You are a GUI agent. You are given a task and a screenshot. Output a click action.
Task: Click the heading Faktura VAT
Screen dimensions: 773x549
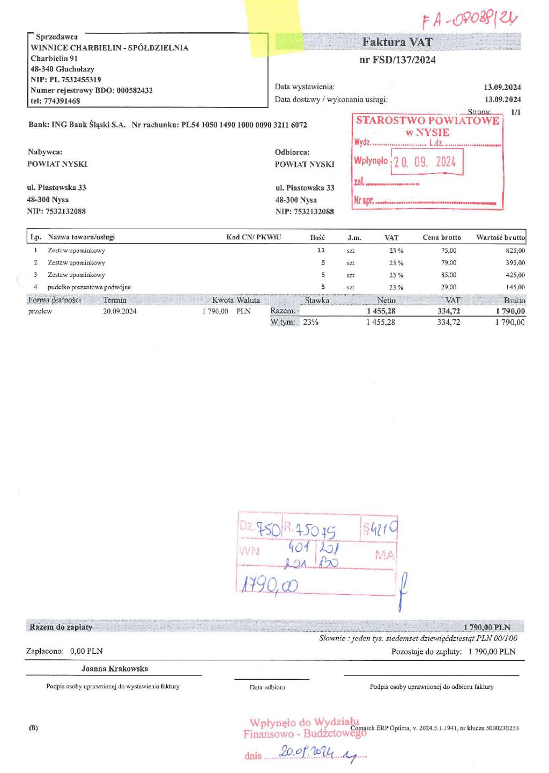pyautogui.click(x=397, y=42)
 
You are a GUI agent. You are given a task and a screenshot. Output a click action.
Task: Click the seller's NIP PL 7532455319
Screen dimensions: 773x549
pyautogui.click(x=66, y=79)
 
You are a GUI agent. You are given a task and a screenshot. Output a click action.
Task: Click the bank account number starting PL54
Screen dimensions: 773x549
pyautogui.click(x=244, y=125)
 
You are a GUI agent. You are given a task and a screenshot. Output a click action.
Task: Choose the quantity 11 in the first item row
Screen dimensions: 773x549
pyautogui.click(x=321, y=250)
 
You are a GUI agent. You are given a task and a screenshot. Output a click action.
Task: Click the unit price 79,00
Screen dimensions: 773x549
pyautogui.click(x=448, y=262)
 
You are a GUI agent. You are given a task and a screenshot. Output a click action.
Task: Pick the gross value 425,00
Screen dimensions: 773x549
pyautogui.click(x=515, y=275)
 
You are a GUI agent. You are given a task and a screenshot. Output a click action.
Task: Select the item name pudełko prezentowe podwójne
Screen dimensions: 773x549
pyautogui.click(x=89, y=287)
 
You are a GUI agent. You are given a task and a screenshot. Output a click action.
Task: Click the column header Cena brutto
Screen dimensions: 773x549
pyautogui.click(x=441, y=237)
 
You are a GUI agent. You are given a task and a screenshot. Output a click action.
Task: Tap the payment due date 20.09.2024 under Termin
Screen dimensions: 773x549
pyautogui.click(x=120, y=311)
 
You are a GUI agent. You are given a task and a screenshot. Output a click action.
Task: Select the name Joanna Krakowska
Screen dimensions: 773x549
pyautogui.click(x=114, y=669)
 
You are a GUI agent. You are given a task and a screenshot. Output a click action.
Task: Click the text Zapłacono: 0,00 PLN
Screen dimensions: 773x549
pyautogui.click(x=64, y=651)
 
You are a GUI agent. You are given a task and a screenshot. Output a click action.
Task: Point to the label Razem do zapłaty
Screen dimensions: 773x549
pyautogui.click(x=61, y=627)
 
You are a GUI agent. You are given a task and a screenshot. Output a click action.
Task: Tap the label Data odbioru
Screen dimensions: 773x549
pyautogui.click(x=267, y=687)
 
